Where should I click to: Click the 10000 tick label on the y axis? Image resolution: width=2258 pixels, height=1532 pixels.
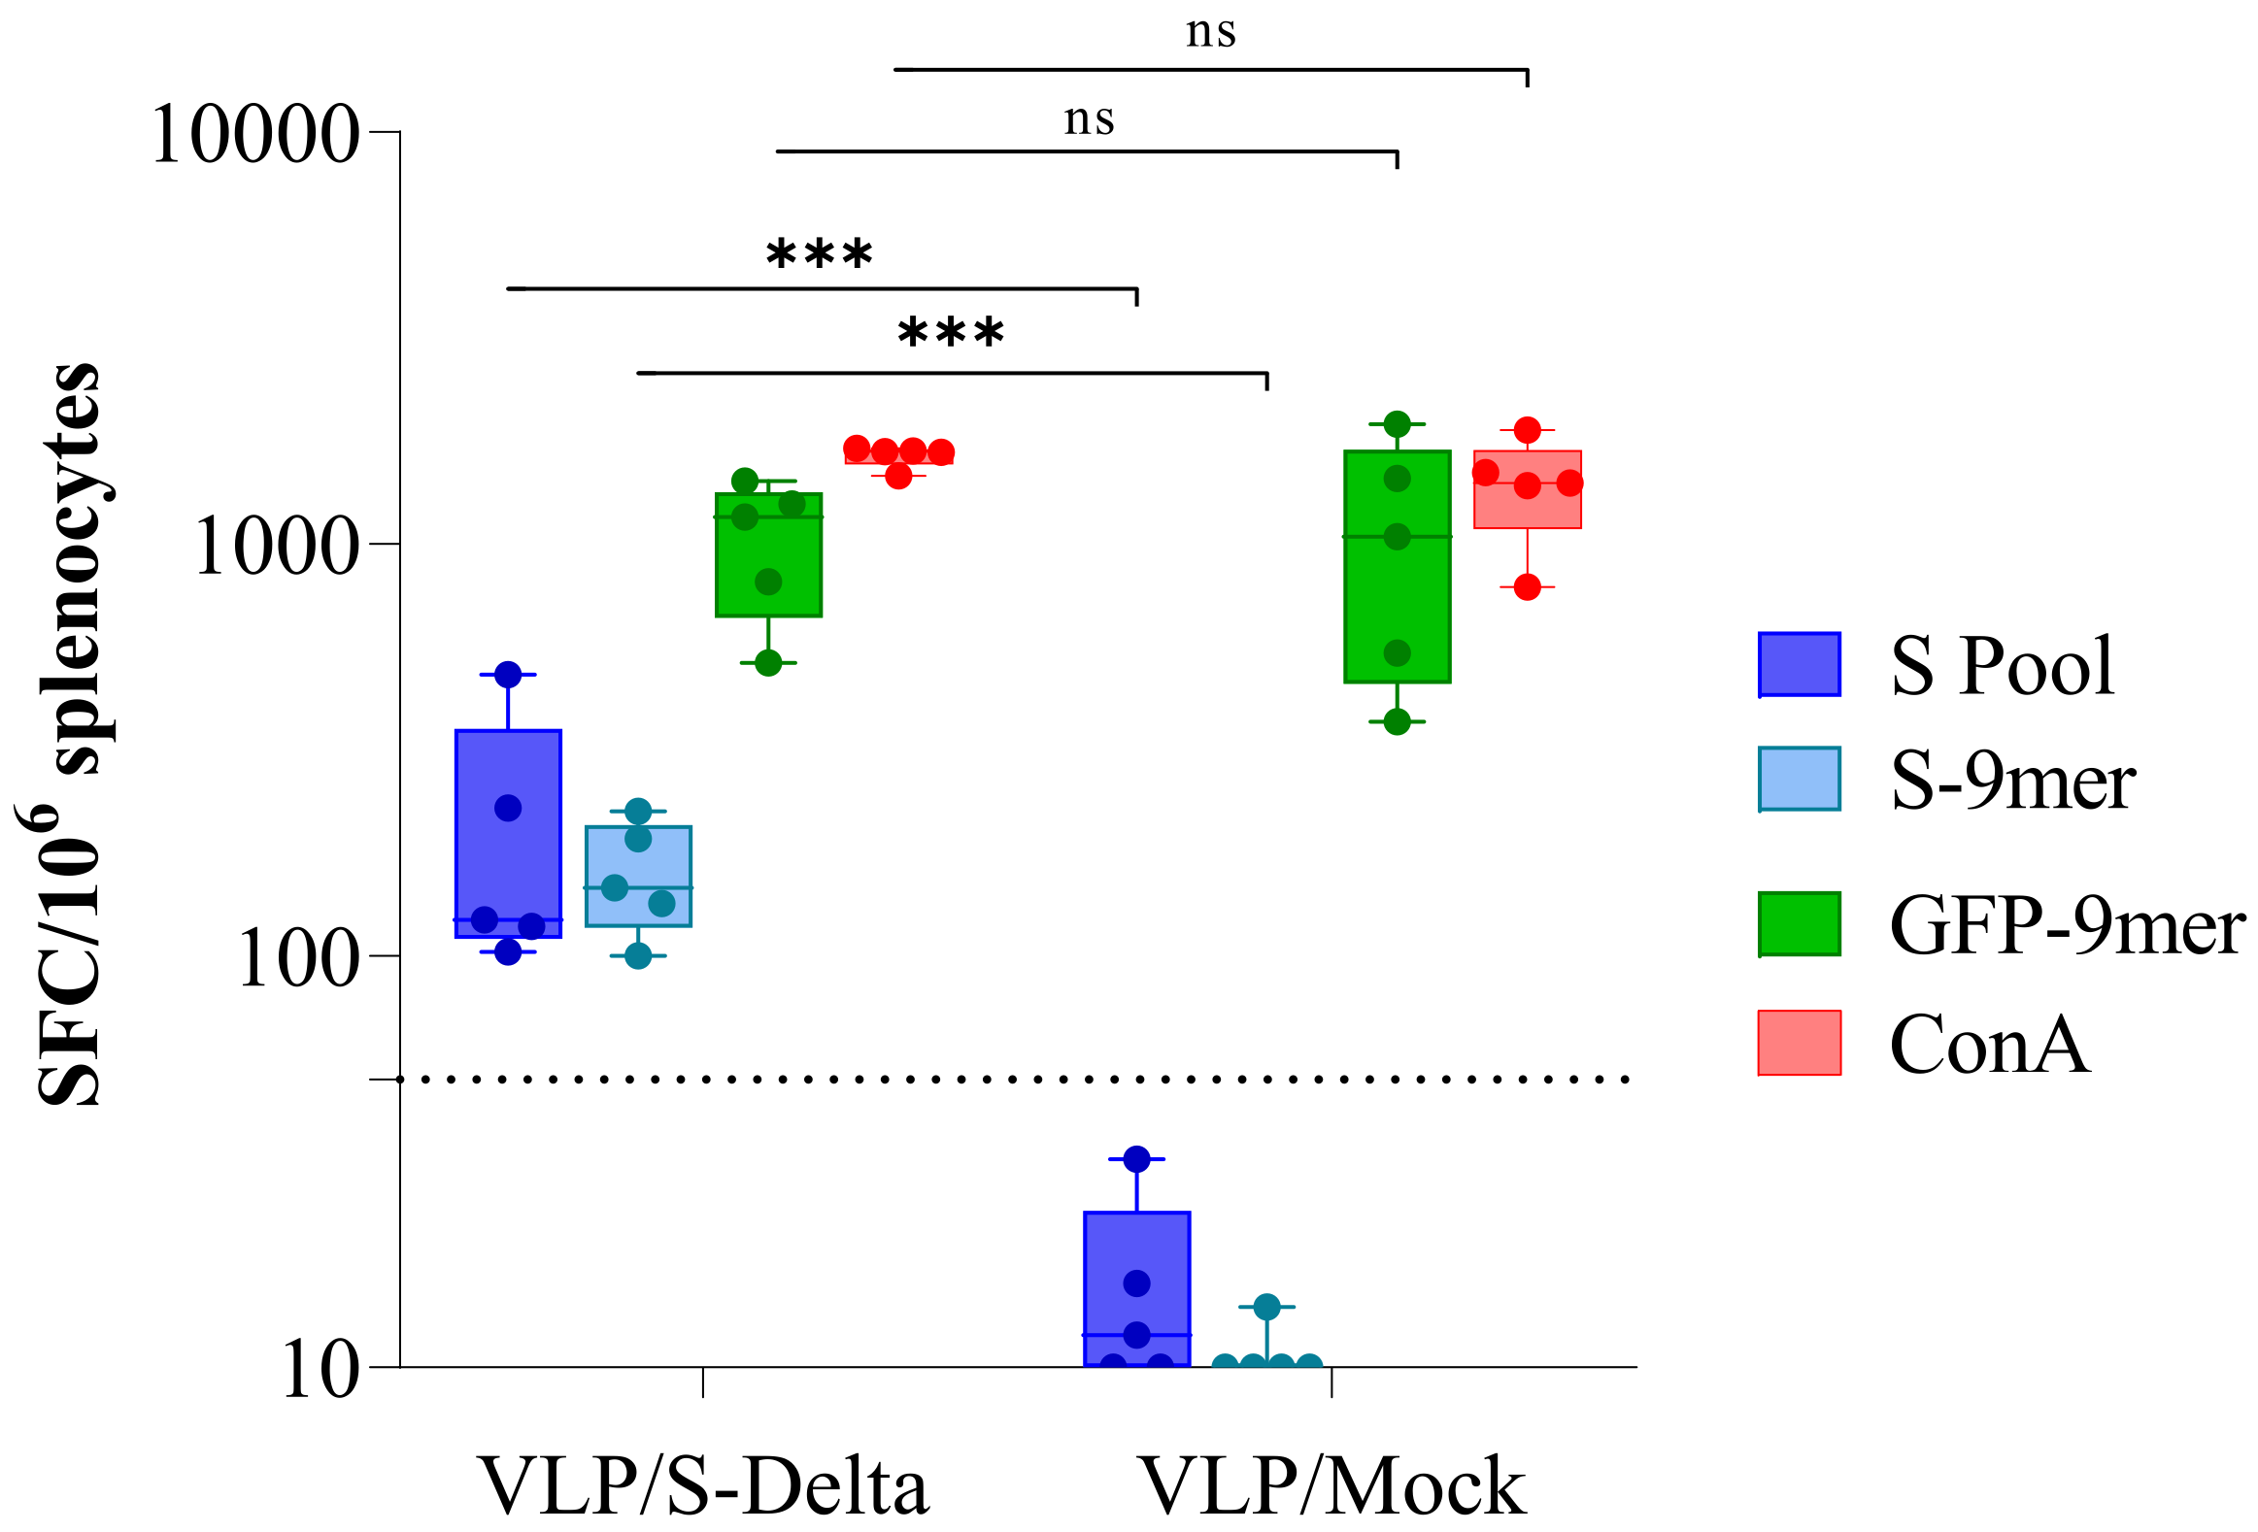(254, 134)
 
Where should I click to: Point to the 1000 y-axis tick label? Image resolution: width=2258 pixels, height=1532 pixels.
(277, 546)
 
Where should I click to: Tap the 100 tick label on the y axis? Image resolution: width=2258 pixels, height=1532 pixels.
(298, 959)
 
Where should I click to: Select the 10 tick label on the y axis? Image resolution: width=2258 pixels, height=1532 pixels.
(320, 1371)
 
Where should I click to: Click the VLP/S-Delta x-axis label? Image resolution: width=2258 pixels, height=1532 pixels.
(703, 1486)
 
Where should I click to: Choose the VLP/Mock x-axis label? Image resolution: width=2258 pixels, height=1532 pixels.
(1331, 1486)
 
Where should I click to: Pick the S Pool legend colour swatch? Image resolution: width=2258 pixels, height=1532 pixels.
(1799, 664)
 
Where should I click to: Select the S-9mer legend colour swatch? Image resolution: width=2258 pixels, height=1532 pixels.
(1799, 780)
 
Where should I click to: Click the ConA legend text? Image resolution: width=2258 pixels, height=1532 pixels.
(1989, 1045)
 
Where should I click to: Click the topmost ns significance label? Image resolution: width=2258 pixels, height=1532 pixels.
(1211, 32)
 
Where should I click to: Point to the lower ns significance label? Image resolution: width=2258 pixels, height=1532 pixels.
(1088, 119)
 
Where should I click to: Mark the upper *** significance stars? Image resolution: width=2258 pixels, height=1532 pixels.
(819, 254)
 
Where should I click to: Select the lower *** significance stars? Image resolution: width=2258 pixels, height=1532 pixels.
(950, 333)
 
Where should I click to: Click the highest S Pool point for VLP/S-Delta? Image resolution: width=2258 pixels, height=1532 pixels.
(508, 674)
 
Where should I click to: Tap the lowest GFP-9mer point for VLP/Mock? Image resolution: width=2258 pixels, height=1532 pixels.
(1397, 721)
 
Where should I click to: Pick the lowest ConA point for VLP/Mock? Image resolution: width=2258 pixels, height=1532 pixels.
(1527, 586)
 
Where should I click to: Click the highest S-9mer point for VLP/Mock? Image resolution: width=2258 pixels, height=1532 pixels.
(1266, 1307)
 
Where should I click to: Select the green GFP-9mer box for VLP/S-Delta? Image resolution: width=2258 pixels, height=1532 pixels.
(768, 554)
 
